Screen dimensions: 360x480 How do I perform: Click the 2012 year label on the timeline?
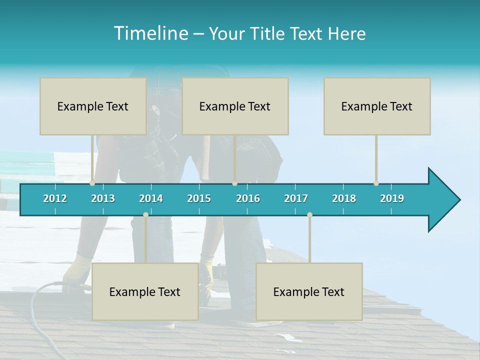coord(55,198)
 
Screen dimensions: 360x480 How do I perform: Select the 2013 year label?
coord(103,198)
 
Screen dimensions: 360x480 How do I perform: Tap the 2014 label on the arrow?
coord(151,198)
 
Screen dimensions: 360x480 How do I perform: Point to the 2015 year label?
coord(199,198)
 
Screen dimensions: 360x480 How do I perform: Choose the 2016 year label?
coord(248,198)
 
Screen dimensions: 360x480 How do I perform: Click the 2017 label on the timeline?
coord(296,198)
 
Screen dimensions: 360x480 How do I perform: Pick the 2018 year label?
coord(344,198)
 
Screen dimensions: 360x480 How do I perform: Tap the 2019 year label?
coord(392,198)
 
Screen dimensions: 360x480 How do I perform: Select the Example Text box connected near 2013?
coord(93,106)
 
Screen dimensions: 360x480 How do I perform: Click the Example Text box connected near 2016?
coord(235,106)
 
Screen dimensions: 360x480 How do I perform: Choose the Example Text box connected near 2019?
coord(377,106)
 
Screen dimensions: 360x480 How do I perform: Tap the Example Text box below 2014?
coord(145,291)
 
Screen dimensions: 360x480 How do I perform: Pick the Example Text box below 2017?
coord(309,291)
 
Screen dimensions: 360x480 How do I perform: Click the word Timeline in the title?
coord(150,33)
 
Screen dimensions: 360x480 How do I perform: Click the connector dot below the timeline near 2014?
coord(145,215)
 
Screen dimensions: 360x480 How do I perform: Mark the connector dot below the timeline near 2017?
coord(309,215)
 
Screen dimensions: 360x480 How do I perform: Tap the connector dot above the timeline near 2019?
coord(376,183)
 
